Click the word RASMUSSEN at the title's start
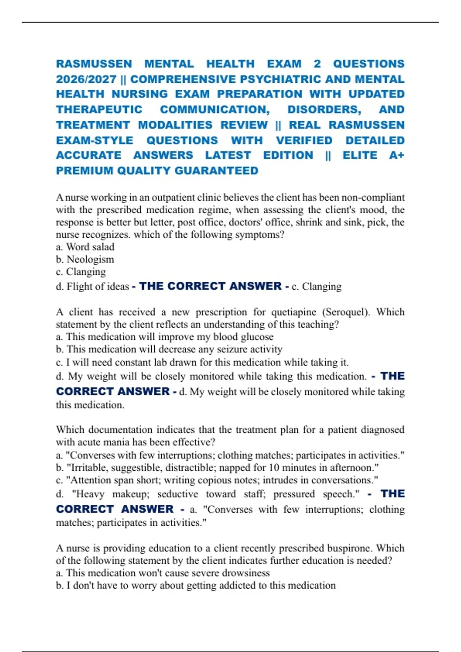click(94, 64)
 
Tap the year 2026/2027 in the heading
click(86, 79)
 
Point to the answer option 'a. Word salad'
click(85, 247)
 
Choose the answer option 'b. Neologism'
click(85, 259)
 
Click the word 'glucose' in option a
click(257, 337)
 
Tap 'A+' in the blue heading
click(396, 155)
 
